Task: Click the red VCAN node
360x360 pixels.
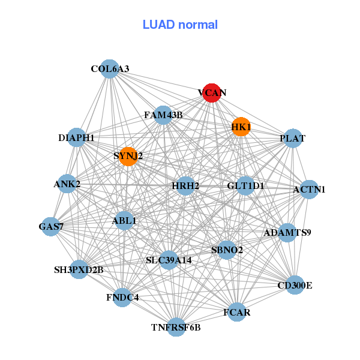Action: (211, 93)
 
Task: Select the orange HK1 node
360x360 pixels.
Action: (241, 127)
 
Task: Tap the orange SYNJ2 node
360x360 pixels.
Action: (128, 157)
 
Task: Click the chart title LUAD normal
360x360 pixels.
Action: (180, 25)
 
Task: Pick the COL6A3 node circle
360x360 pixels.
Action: (109, 69)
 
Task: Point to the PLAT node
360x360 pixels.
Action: (292, 139)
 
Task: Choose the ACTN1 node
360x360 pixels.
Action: (309, 190)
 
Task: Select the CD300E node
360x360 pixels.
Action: (295, 285)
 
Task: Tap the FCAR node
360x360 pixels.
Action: (237, 312)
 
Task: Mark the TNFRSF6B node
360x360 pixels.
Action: (176, 327)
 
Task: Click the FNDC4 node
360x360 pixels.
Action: (122, 297)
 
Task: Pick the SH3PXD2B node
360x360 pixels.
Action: (79, 270)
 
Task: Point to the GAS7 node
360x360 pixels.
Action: (51, 226)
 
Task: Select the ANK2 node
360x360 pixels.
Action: (67, 184)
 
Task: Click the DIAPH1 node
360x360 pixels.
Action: (76, 138)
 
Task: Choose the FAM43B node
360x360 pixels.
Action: (163, 115)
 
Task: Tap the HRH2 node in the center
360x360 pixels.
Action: (185, 186)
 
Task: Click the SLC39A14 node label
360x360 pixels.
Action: (169, 260)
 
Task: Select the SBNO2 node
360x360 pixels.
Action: (227, 250)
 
